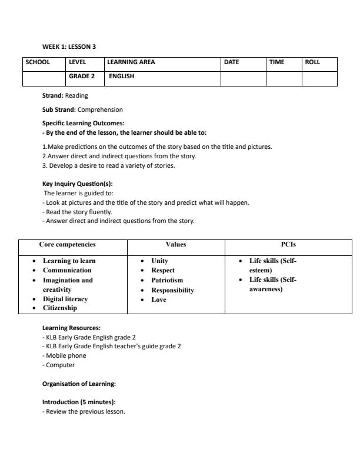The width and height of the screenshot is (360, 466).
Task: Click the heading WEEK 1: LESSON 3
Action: point(69,46)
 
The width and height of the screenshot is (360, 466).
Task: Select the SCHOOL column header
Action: point(37,62)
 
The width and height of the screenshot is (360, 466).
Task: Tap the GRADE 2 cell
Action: point(82,76)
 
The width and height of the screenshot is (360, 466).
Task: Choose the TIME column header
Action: point(276,62)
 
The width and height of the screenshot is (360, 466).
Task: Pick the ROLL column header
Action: point(312,62)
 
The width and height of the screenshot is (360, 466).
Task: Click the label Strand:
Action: point(53,95)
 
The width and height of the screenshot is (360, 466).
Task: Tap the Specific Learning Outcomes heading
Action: point(83,123)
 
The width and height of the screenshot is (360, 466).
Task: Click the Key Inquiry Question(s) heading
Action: point(77,184)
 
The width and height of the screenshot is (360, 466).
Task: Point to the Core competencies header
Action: point(67,244)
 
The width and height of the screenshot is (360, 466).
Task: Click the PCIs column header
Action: point(288,244)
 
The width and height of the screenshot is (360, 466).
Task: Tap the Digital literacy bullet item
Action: point(65,299)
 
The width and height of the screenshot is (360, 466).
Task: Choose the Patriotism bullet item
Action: point(167,280)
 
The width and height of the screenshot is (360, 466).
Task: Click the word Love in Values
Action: point(159,299)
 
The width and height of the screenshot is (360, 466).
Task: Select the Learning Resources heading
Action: point(71,328)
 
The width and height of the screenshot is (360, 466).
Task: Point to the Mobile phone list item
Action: point(66,355)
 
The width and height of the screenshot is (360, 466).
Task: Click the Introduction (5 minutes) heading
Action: point(79,402)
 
